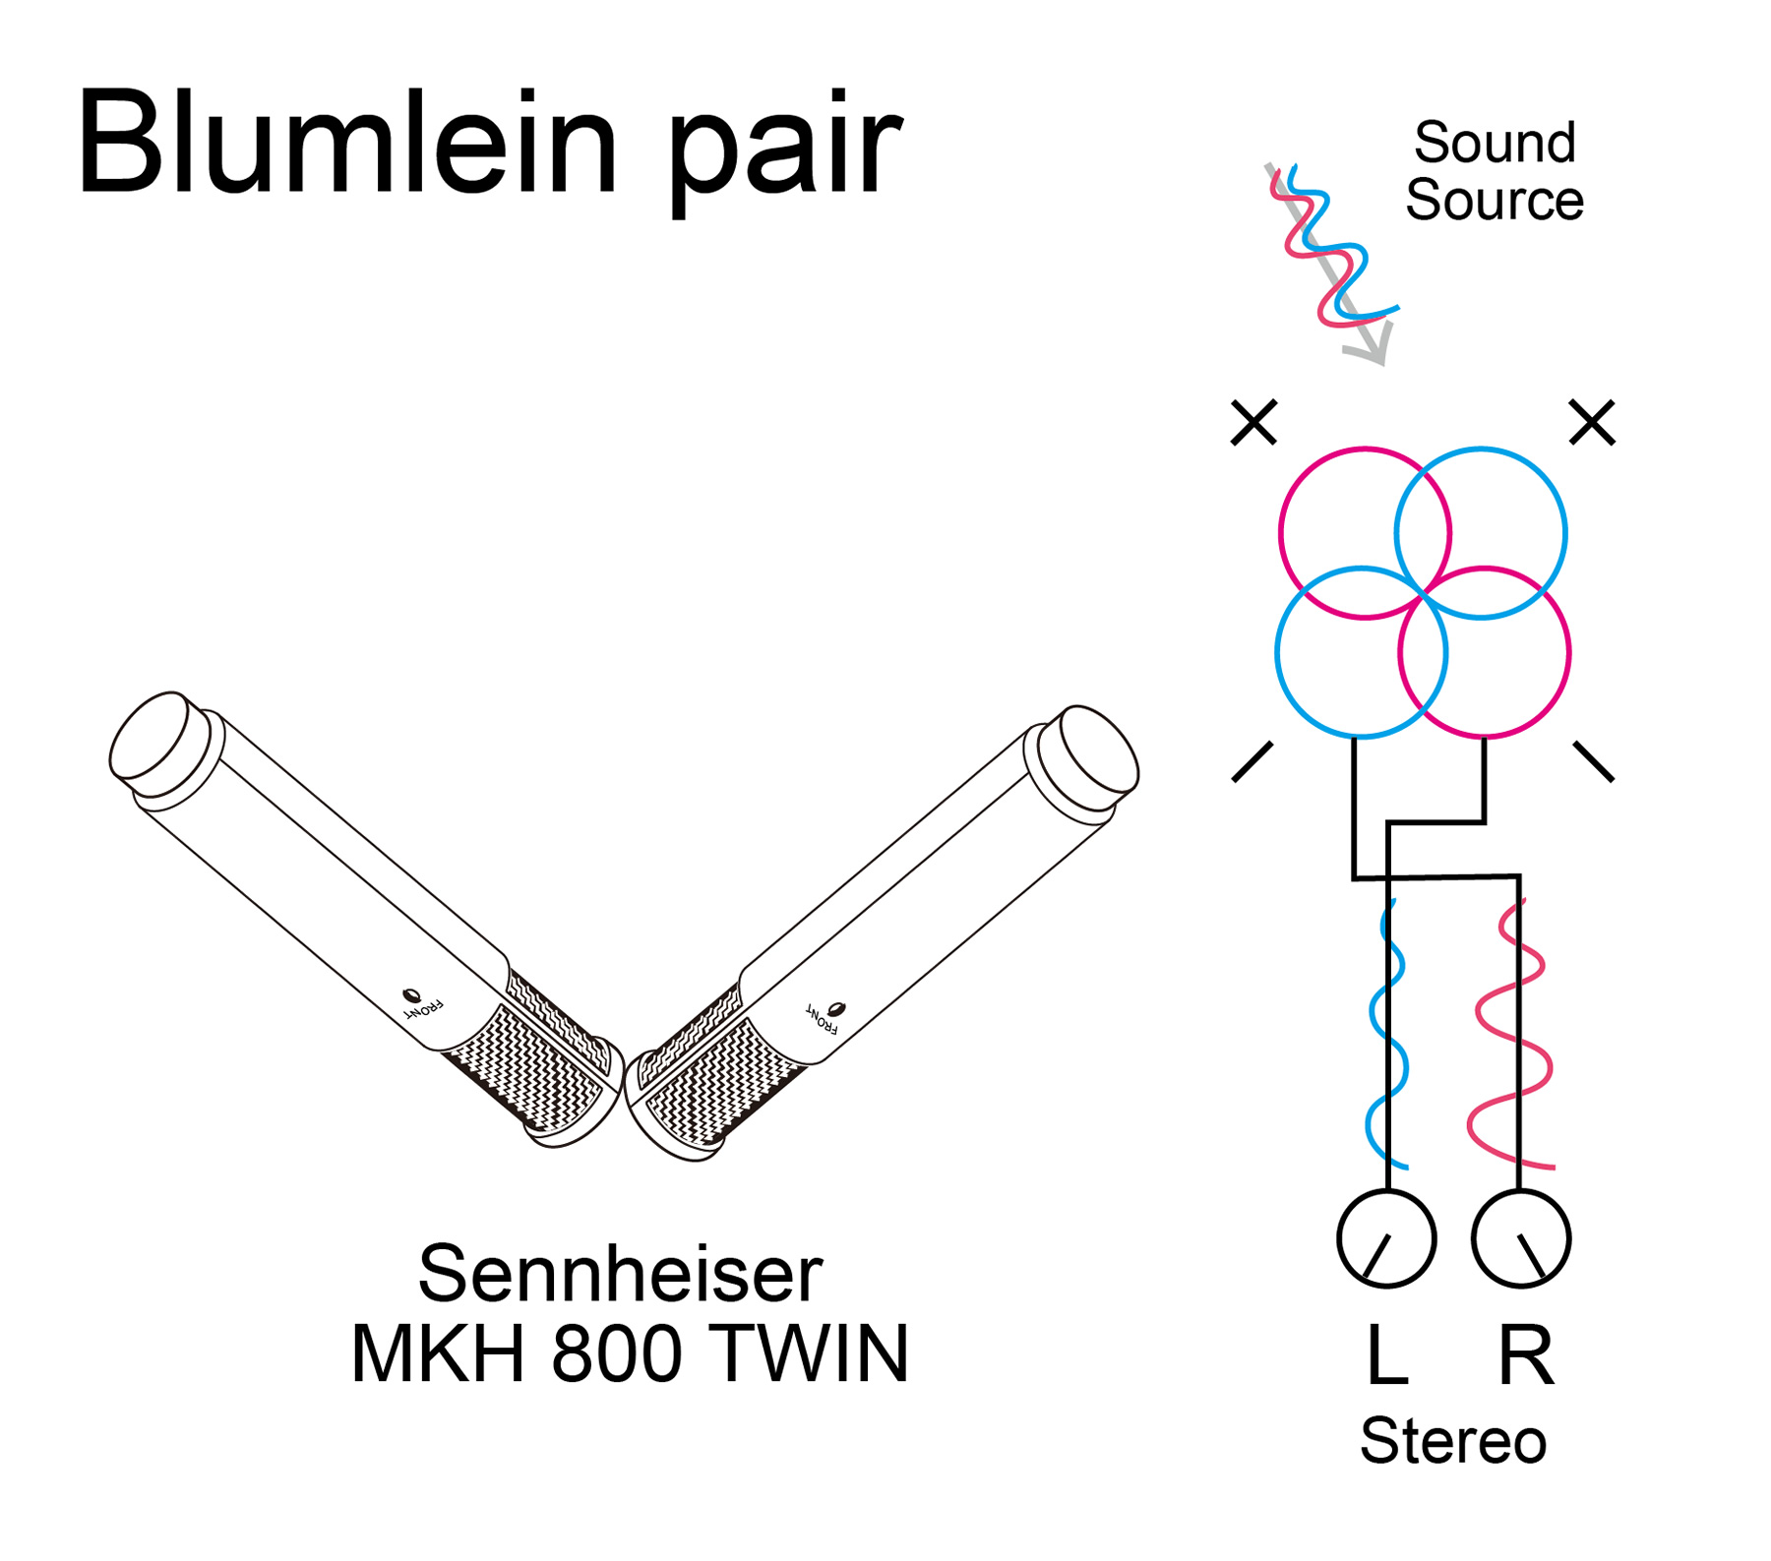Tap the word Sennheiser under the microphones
coord(620,1274)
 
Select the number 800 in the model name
coord(617,1353)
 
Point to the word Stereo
coord(1452,1441)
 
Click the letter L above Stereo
coord(1387,1354)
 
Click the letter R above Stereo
coord(1525,1354)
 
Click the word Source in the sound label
coord(1494,201)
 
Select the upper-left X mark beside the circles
coord(1253,423)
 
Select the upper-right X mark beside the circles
coord(1592,423)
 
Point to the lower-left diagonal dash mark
coord(1252,762)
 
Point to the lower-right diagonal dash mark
coord(1594,762)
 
